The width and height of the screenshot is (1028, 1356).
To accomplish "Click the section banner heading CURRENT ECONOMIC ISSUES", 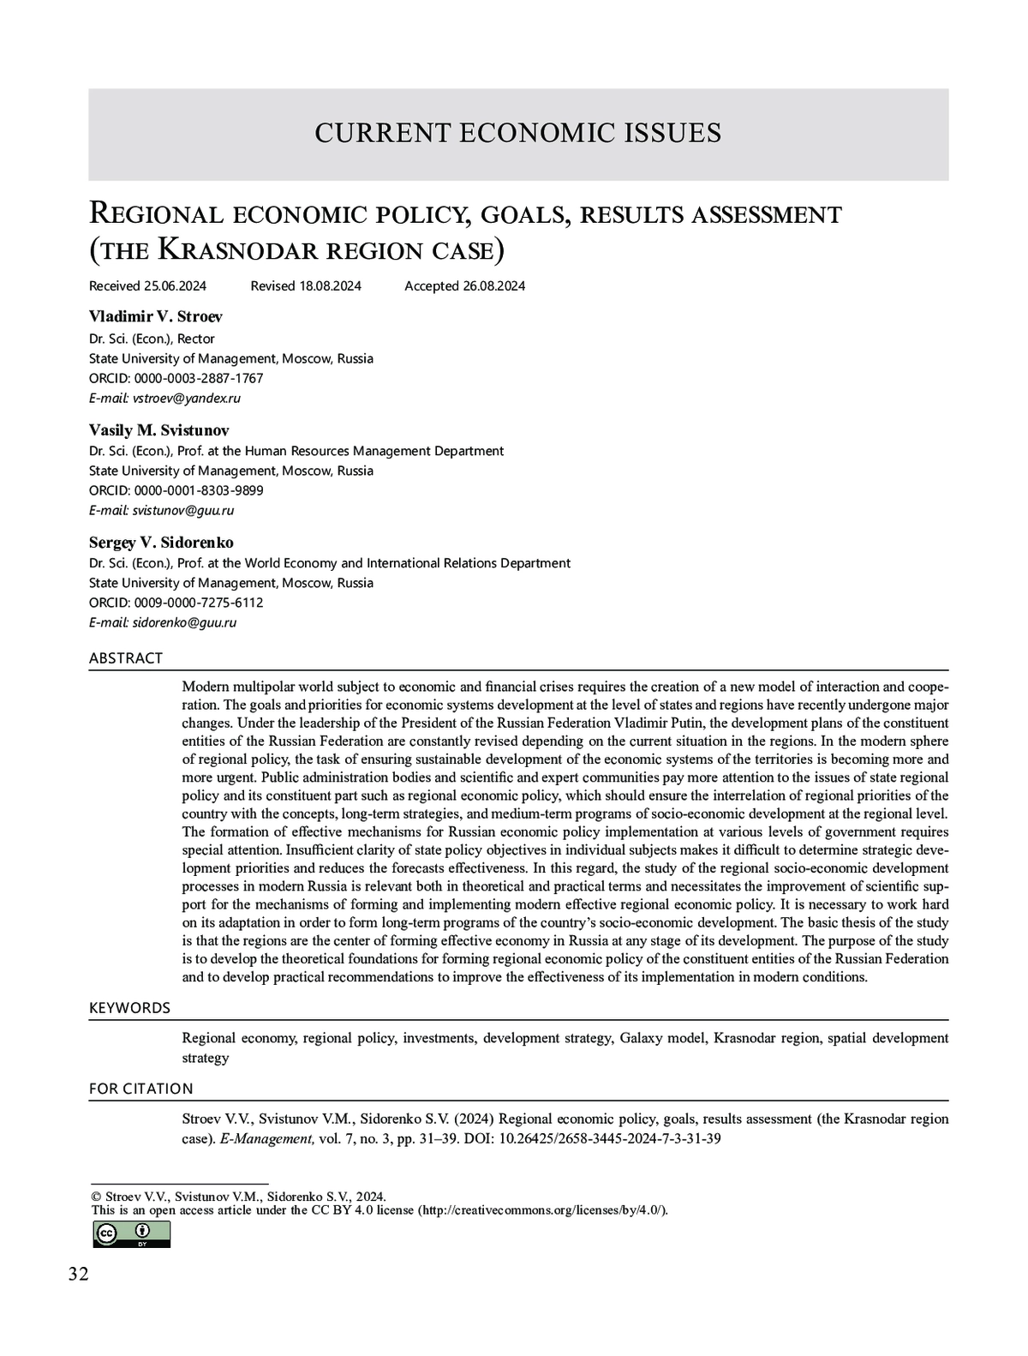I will pos(517,133).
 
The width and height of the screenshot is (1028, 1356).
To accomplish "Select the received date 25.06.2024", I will pos(175,286).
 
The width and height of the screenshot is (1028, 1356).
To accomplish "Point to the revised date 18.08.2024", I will pos(330,286).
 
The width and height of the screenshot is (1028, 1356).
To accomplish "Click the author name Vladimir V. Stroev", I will pos(156,316).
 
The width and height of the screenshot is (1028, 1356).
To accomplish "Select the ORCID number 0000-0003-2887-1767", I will pos(198,379).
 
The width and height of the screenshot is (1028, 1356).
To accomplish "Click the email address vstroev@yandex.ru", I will pos(187,399).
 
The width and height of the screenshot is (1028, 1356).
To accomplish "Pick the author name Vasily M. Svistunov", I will pos(159,429).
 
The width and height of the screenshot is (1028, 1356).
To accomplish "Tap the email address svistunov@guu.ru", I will pos(183,511).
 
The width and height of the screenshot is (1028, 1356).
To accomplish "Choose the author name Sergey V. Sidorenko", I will pos(161,543).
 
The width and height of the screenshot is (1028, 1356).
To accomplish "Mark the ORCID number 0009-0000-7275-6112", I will pos(198,603).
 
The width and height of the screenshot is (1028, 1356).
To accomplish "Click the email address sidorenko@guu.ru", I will pos(184,623).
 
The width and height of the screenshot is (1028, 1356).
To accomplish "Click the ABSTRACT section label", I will pos(126,658).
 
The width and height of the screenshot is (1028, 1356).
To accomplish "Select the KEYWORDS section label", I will pos(129,1008).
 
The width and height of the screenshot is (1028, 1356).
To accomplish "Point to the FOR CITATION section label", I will pos(141,1089).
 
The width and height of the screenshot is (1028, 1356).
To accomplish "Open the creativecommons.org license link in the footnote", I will pos(541,1210).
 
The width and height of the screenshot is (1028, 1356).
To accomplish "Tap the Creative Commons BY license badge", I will pos(131,1234).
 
